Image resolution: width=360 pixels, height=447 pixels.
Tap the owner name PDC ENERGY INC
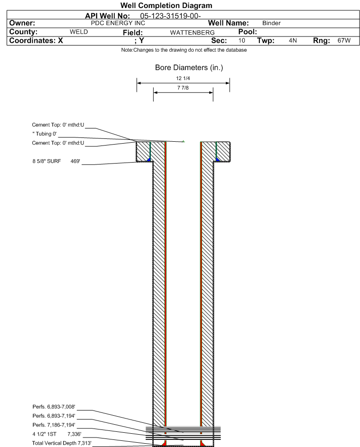[x=118, y=23]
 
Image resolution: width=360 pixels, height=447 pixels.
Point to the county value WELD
[x=79, y=32]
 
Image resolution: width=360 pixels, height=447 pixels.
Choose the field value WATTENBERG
[x=189, y=32]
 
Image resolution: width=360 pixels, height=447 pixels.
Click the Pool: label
[x=246, y=32]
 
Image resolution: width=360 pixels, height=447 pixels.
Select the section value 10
[x=241, y=41]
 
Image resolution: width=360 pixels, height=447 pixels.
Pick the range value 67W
[x=344, y=41]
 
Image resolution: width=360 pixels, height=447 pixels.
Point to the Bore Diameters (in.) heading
[x=189, y=68]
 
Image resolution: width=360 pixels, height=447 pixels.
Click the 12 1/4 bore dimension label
[x=183, y=78]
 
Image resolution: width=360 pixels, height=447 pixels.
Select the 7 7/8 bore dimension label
[x=183, y=88]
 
